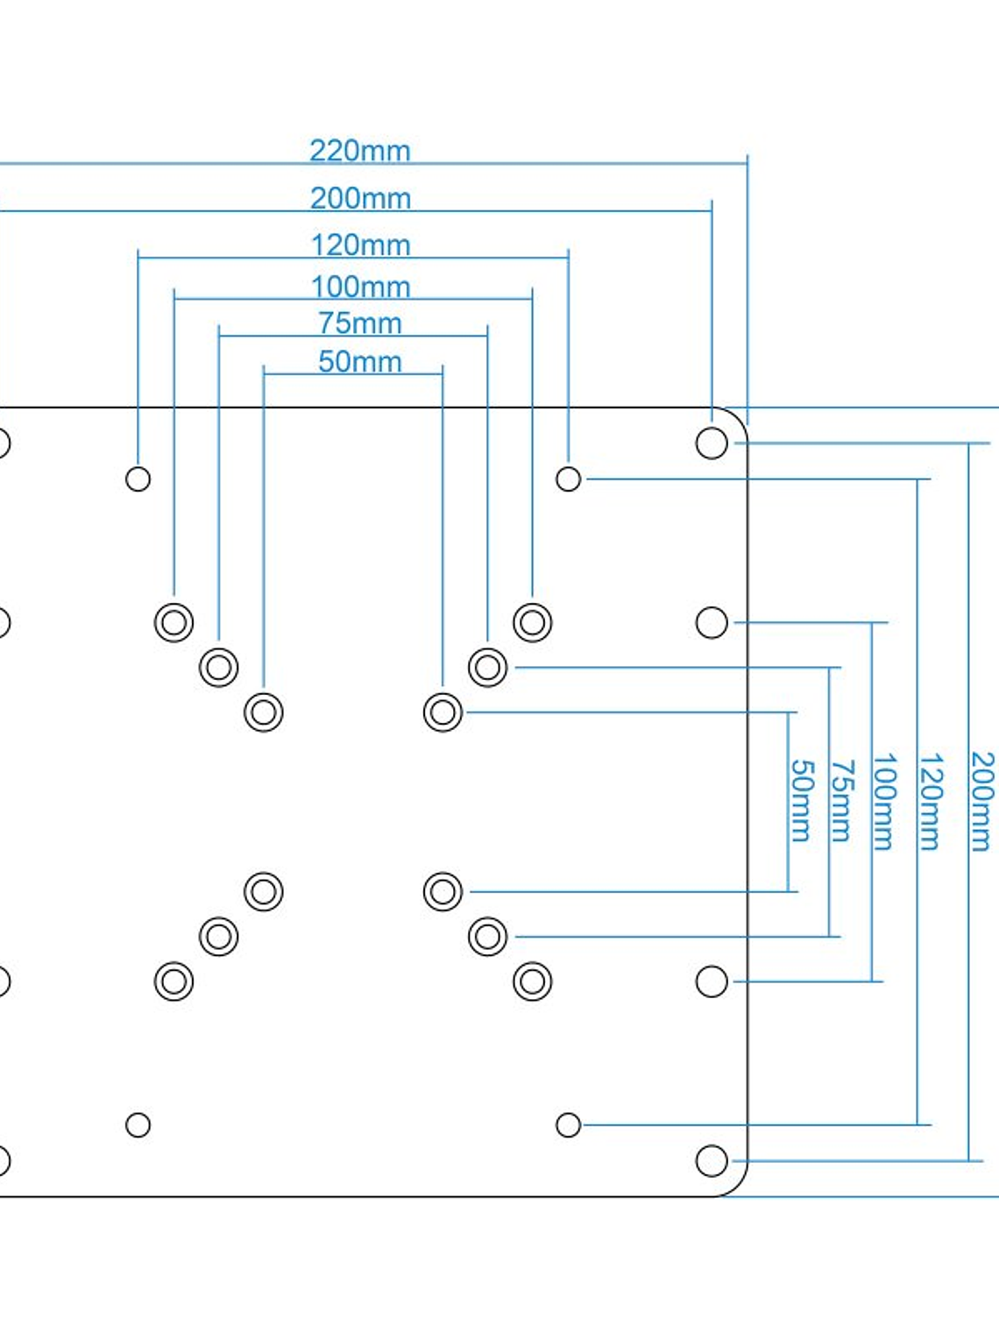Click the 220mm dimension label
click(x=360, y=151)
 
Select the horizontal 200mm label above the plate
click(x=360, y=198)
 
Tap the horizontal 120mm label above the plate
click(x=360, y=244)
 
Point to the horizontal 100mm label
click(x=360, y=287)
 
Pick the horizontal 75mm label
click(x=360, y=323)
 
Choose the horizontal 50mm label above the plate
click(x=360, y=362)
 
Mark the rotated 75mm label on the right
click(x=841, y=800)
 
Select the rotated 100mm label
click(x=884, y=800)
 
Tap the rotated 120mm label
click(x=931, y=800)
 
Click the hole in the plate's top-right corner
click(x=712, y=443)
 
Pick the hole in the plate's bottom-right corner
click(x=712, y=1160)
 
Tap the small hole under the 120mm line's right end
click(x=568, y=479)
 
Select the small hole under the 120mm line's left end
click(x=138, y=479)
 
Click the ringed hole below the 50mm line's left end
click(x=264, y=712)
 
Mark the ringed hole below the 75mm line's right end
click(x=487, y=667)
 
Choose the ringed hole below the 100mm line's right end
click(x=532, y=622)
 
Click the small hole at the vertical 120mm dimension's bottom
click(x=568, y=1124)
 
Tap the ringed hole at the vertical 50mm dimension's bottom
click(x=443, y=891)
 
